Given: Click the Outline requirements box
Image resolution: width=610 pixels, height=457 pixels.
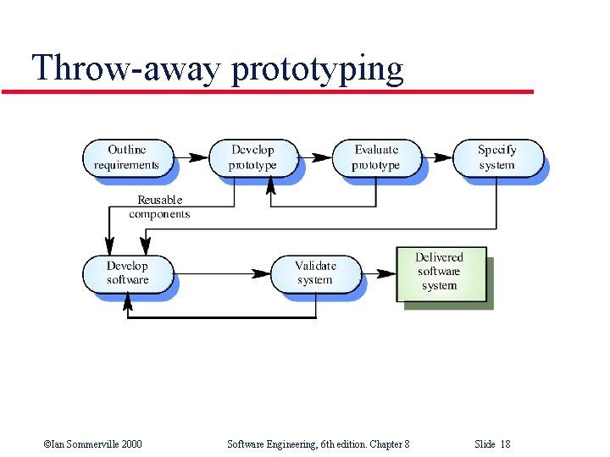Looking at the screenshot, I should (127, 157).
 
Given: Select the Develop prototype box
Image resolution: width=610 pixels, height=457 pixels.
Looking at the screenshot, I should (252, 157).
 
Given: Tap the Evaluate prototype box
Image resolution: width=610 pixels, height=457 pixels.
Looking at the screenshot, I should (375, 157).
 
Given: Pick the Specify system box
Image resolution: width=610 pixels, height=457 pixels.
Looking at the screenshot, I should (497, 157).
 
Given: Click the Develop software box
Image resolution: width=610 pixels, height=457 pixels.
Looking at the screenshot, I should (127, 273).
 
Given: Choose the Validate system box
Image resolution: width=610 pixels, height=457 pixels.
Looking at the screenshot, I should (315, 273).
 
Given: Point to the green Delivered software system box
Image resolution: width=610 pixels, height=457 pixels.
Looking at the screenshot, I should (440, 273).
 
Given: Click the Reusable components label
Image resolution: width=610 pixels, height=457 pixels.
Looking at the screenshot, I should (159, 207).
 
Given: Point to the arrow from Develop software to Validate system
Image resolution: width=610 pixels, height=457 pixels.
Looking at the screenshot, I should (220, 273).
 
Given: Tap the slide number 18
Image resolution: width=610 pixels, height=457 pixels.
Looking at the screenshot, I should (505, 444).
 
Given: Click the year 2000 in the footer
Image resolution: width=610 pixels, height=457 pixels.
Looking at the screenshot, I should (130, 444).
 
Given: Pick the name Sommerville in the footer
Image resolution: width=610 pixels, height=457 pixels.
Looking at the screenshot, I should (85, 444).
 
